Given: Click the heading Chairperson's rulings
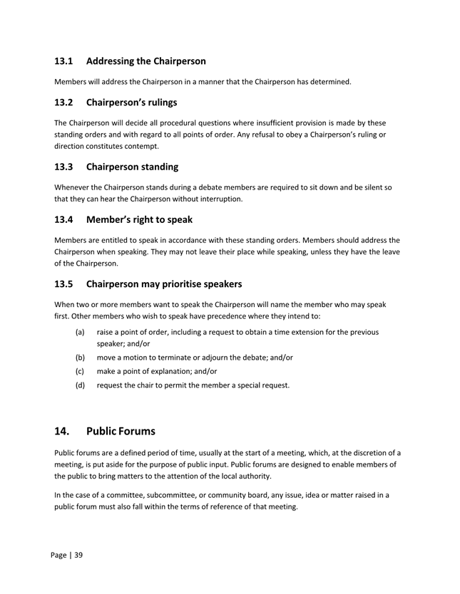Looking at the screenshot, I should [131, 102].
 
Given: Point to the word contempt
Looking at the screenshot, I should [139, 146].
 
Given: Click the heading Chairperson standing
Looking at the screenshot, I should [132, 167].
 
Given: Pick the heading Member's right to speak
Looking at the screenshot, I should [139, 219].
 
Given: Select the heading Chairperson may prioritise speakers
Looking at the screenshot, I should [163, 283].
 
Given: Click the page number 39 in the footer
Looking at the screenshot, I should [78, 555].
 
